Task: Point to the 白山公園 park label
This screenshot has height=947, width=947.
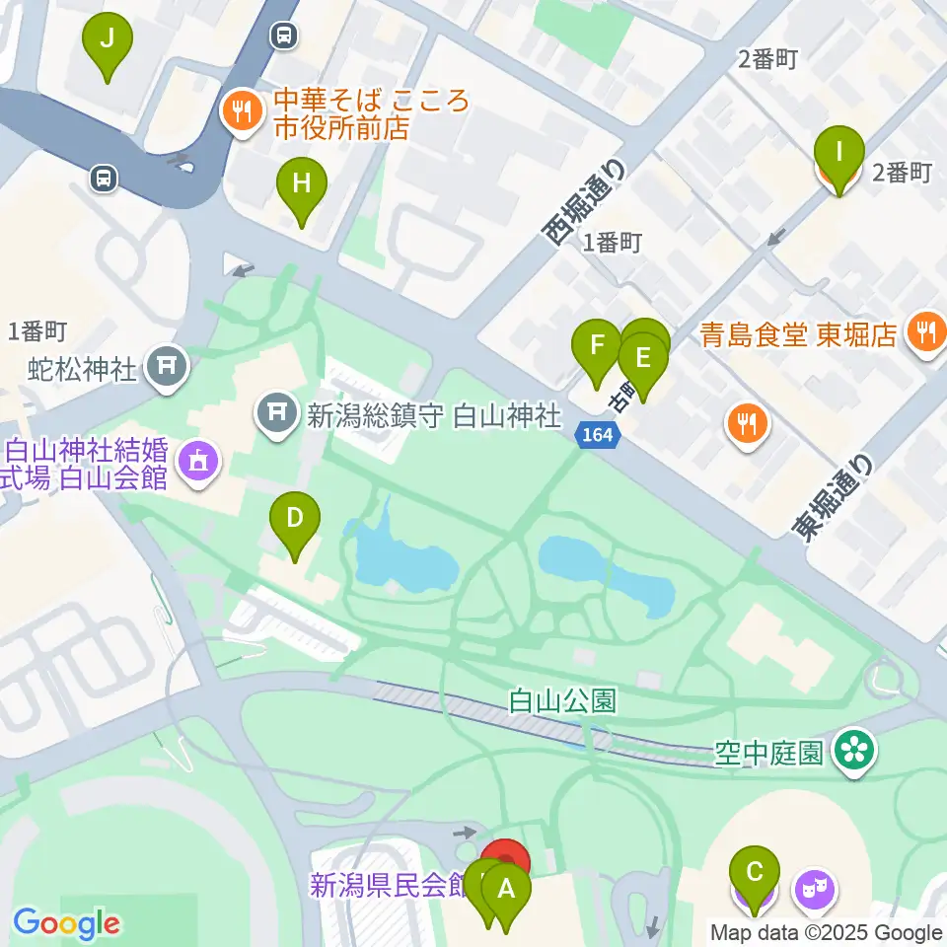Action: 563,701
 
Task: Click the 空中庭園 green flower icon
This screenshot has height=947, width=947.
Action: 852,753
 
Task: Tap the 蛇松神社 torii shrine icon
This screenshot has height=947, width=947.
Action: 167,367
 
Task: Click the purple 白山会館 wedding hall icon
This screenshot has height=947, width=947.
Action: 199,460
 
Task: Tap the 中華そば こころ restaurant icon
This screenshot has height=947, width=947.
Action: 242,110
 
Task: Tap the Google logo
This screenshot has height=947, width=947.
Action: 66,924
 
